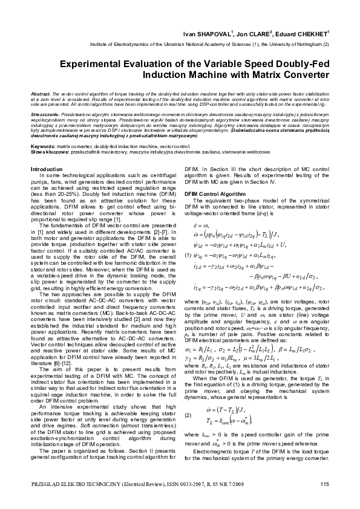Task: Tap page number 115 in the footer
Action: click(324, 482)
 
